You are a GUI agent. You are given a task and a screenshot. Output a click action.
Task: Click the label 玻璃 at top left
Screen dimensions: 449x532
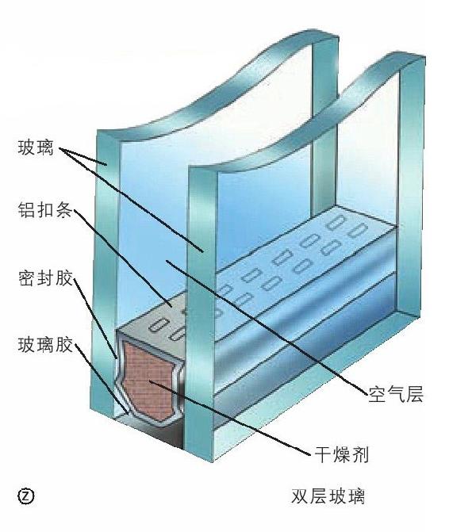[36, 148]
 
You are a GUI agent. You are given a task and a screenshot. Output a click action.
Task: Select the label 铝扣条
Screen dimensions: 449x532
[45, 211]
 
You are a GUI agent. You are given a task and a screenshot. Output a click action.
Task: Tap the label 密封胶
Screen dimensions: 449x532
[45, 279]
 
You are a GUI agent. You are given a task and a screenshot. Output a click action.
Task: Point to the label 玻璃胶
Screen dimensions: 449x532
[45, 346]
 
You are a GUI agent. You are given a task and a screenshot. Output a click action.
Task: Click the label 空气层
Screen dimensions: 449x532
[396, 395]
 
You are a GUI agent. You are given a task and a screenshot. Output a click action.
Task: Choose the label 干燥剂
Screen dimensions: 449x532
[341, 454]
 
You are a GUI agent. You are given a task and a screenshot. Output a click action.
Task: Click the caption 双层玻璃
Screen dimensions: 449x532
[328, 496]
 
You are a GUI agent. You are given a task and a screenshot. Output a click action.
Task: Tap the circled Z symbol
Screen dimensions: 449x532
[26, 496]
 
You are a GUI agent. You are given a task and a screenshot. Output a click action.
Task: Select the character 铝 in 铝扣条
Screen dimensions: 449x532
[27, 211]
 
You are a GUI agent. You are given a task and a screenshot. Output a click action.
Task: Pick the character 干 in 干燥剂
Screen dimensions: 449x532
[323, 454]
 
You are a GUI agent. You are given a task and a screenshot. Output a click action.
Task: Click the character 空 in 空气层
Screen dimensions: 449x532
[378, 395]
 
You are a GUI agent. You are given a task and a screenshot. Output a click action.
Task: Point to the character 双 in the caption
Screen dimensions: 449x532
[300, 496]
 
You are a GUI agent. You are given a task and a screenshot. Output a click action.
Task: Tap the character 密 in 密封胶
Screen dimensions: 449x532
[27, 279]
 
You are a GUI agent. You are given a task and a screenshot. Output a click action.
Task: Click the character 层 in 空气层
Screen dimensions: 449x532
[414, 395]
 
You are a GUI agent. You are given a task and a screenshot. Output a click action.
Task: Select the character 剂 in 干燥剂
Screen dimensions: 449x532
[360, 454]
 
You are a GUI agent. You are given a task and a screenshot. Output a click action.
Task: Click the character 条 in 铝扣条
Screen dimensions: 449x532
[63, 211]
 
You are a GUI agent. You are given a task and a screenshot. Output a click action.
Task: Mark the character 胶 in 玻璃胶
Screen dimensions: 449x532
[64, 346]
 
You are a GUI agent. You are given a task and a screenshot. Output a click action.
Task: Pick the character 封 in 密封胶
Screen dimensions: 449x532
[45, 279]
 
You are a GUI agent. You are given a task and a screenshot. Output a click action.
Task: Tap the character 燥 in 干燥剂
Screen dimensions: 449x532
[341, 454]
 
